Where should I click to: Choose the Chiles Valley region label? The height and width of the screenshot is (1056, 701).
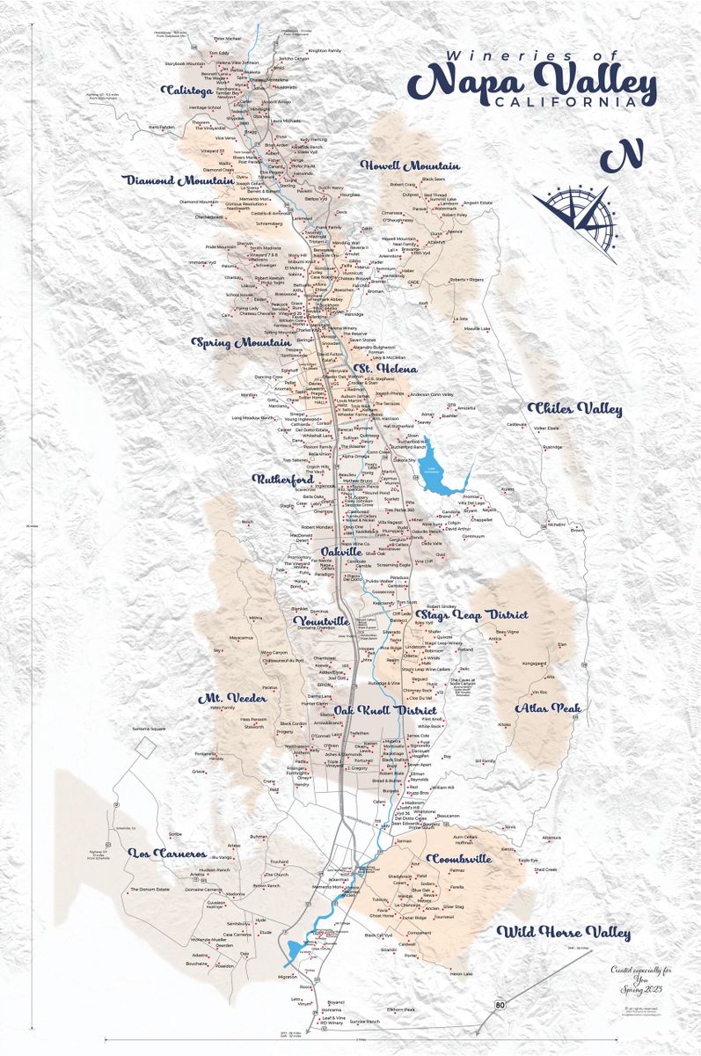point(563,408)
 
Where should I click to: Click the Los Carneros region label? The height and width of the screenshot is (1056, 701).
point(167,854)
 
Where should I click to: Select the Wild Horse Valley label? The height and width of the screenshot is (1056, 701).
point(563,933)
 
